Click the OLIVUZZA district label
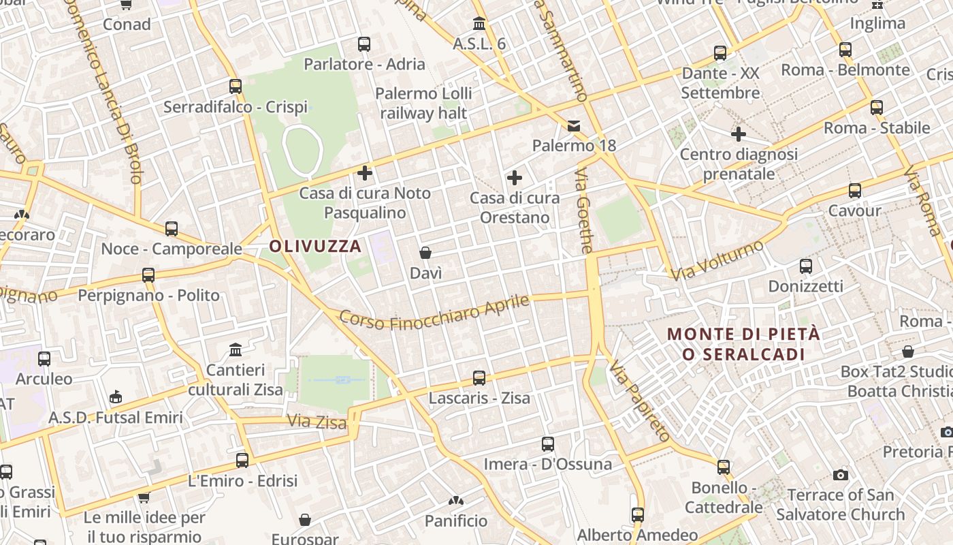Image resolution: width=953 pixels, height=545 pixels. point(315,246)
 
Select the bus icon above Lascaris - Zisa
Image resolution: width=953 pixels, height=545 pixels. point(479,377)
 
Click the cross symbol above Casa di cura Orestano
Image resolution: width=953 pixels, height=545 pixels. point(515,178)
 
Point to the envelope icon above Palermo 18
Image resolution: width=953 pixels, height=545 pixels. point(574,125)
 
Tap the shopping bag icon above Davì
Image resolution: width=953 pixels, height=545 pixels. point(425,253)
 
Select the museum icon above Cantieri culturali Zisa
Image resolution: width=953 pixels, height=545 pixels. point(236,350)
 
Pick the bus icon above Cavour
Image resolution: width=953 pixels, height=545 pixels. point(854,191)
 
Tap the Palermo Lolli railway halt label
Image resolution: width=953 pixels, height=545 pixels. point(423,103)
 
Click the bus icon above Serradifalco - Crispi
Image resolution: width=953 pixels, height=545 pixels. point(236,87)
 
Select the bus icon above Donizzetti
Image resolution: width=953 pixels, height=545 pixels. point(806,266)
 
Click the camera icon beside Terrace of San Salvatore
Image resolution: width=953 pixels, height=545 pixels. point(841,475)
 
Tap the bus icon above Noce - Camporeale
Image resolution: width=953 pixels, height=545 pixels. point(172,229)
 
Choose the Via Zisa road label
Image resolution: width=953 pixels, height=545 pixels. point(317,422)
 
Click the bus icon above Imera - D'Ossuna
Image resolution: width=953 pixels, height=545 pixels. point(548,444)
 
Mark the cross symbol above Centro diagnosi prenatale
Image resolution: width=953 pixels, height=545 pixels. point(739,134)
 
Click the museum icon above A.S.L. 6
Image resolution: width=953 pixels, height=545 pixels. point(479,24)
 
